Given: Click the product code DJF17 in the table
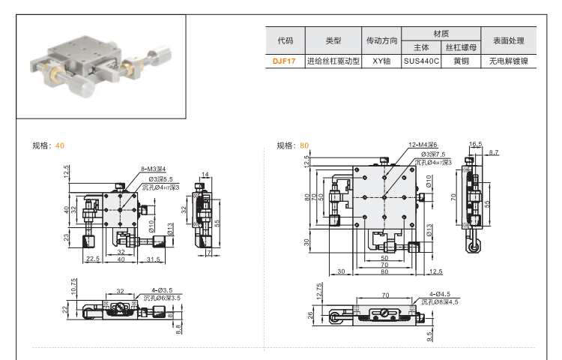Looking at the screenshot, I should coord(284,62).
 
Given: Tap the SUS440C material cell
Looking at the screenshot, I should coord(420,62).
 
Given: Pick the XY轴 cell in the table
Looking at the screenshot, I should coord(381,62).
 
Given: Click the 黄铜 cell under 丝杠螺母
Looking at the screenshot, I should coord(461,62).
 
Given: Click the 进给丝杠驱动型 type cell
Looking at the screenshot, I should coord(333,62).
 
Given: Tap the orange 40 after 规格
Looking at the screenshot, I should coord(60,145).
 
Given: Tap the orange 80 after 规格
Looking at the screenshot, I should coord(303,145).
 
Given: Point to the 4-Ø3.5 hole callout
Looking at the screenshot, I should coord(162,290).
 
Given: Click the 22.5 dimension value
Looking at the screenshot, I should coord(93,259).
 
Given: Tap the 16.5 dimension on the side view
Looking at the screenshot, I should coord(475,143).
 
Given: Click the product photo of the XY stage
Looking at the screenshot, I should coord(101,68).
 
